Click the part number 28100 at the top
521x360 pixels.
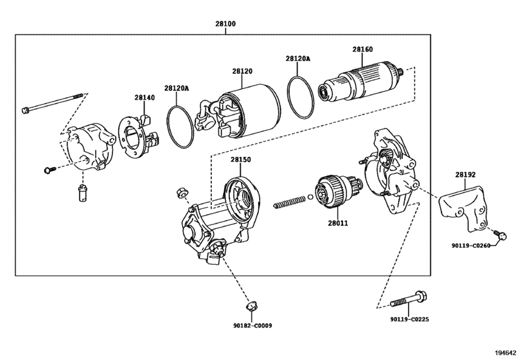coord(225,24)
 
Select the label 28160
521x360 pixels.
coord(362,50)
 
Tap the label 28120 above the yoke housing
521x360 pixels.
coord(242,71)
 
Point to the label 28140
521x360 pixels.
coord(145,98)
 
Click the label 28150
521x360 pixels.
coord(240,159)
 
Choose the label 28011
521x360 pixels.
coord(338,223)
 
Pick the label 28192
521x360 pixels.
coord(465,174)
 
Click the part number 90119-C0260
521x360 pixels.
coord(470,246)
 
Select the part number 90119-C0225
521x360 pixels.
coord(409,319)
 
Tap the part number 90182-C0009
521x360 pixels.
coord(252,326)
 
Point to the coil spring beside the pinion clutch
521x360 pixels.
coord(288,202)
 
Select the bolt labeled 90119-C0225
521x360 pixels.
coord(409,299)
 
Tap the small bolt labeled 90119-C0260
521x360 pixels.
coord(500,235)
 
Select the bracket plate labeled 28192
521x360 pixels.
coord(464,208)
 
